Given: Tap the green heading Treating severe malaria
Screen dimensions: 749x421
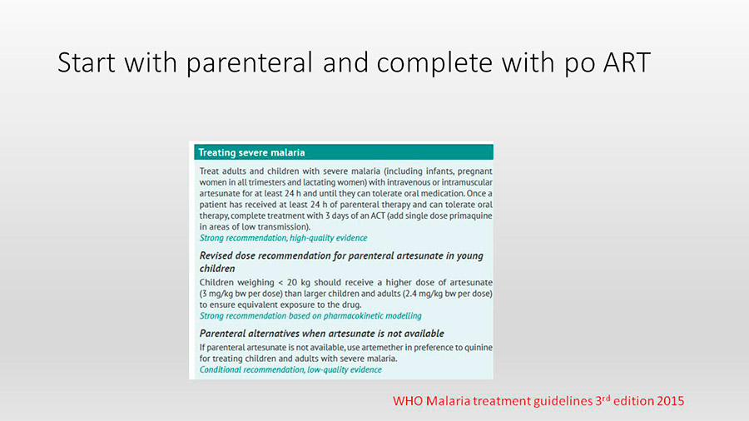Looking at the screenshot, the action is point(251,152).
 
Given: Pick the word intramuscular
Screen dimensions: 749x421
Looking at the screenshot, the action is point(467,182).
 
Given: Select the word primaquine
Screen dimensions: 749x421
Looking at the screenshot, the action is point(473,216).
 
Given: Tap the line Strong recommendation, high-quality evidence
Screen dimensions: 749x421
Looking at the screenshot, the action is point(283,238).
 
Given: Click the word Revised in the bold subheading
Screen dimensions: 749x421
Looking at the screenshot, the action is point(216,256).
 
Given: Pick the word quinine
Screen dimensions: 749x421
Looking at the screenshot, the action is point(479,348).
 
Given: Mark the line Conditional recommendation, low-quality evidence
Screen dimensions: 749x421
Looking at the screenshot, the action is point(290,370).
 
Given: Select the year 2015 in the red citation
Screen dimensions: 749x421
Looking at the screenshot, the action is point(670,401).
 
